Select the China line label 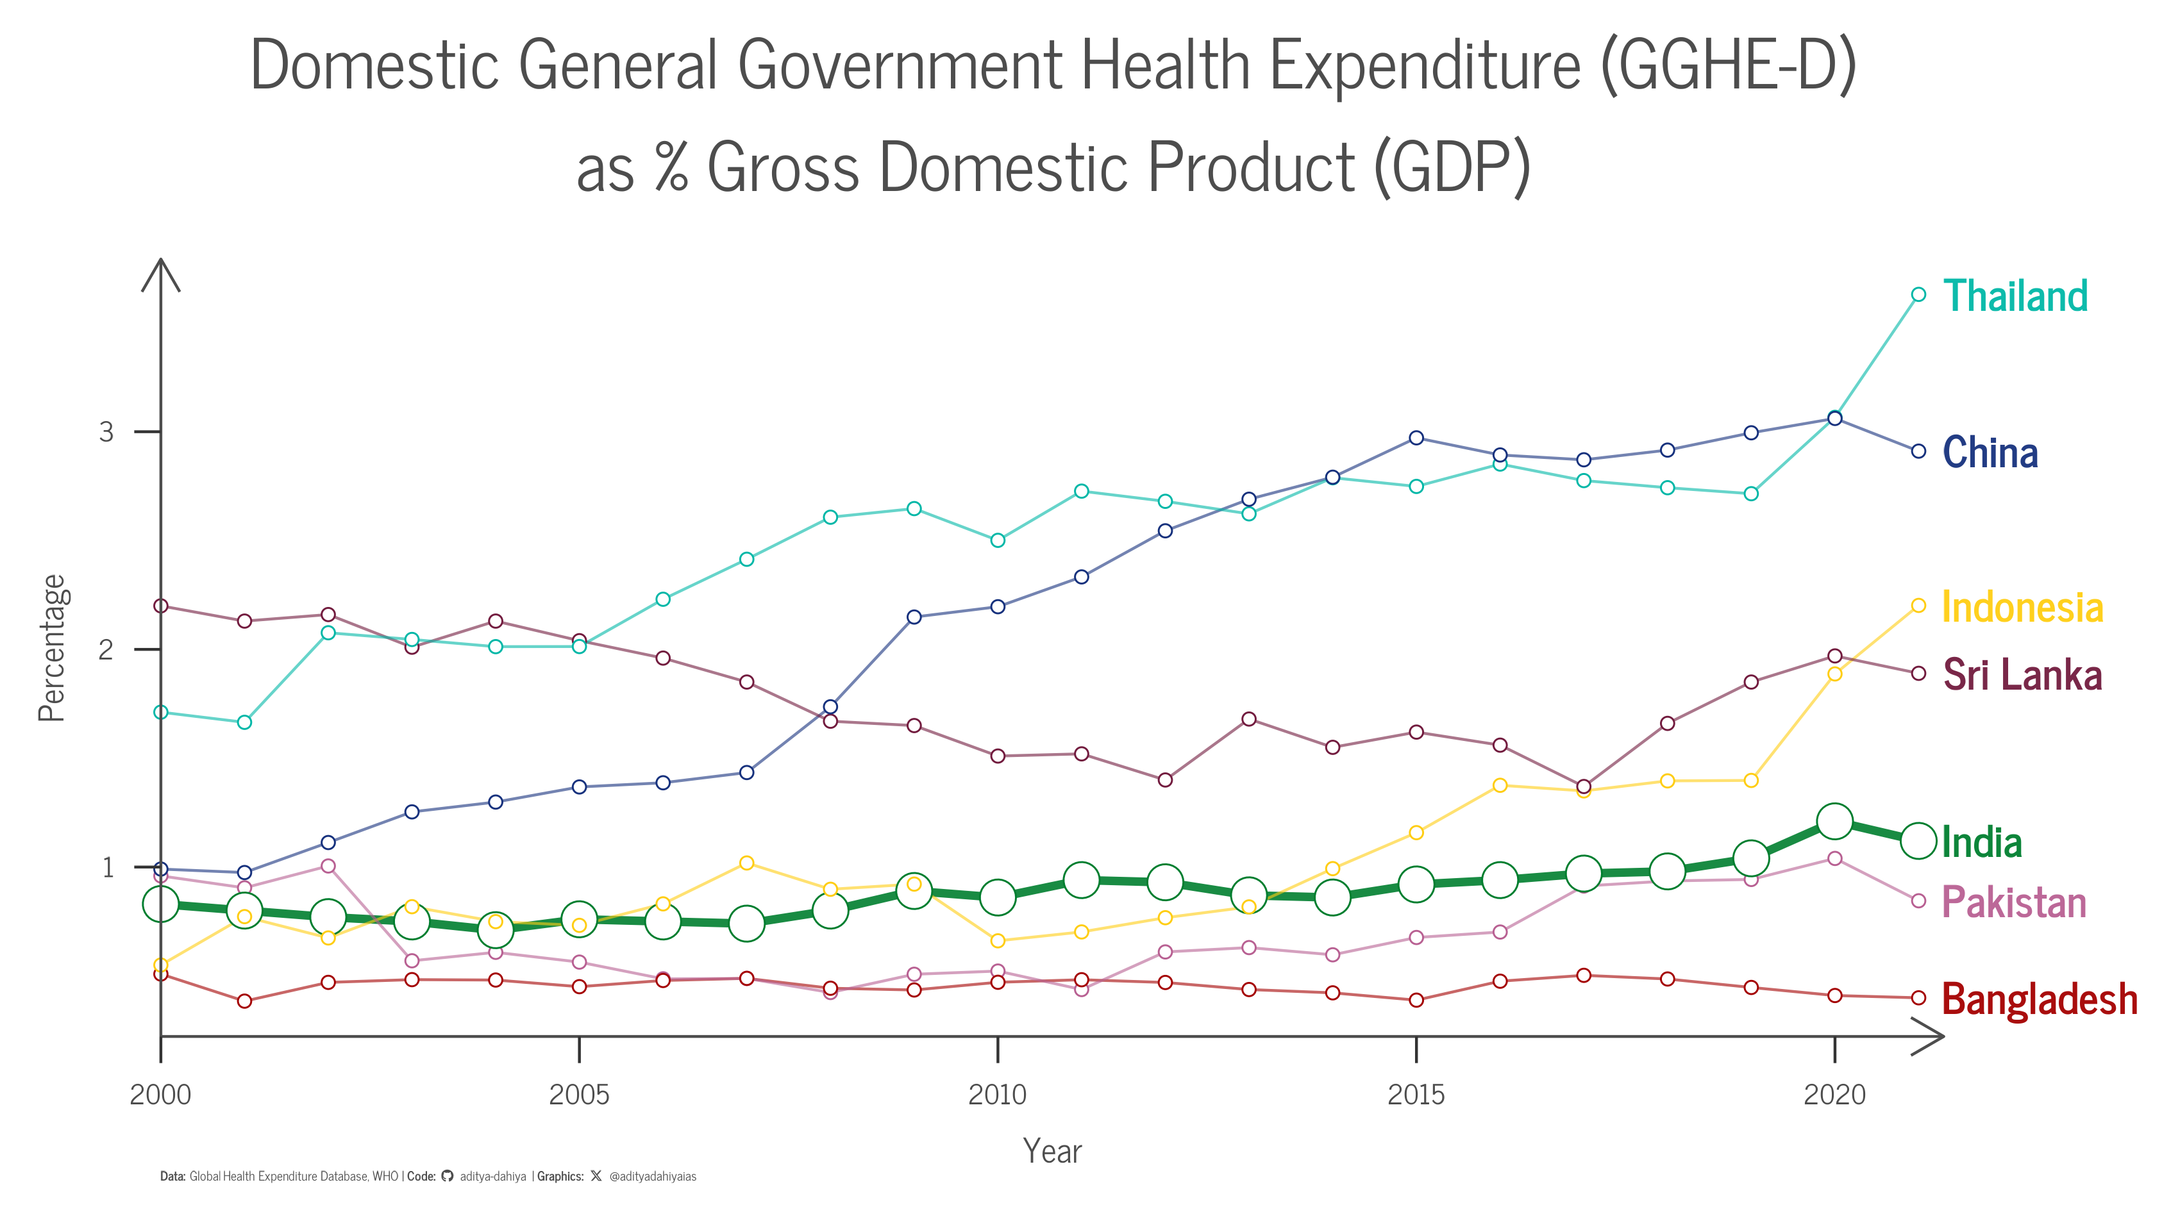click(x=1990, y=453)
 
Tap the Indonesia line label click(x=2022, y=608)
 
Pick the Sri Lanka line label click(x=2022, y=675)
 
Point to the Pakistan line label click(x=2013, y=902)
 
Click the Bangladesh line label click(x=2040, y=999)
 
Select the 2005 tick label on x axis click(x=578, y=1095)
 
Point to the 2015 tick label click(x=1416, y=1095)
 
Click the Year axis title click(x=1052, y=1151)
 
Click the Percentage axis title click(x=51, y=648)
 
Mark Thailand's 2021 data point click(x=1918, y=294)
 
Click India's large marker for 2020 click(x=1835, y=821)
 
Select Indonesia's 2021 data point click(x=1918, y=605)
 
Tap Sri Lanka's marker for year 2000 click(x=161, y=606)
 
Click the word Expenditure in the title click(x=1424, y=66)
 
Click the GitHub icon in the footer click(x=448, y=1176)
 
